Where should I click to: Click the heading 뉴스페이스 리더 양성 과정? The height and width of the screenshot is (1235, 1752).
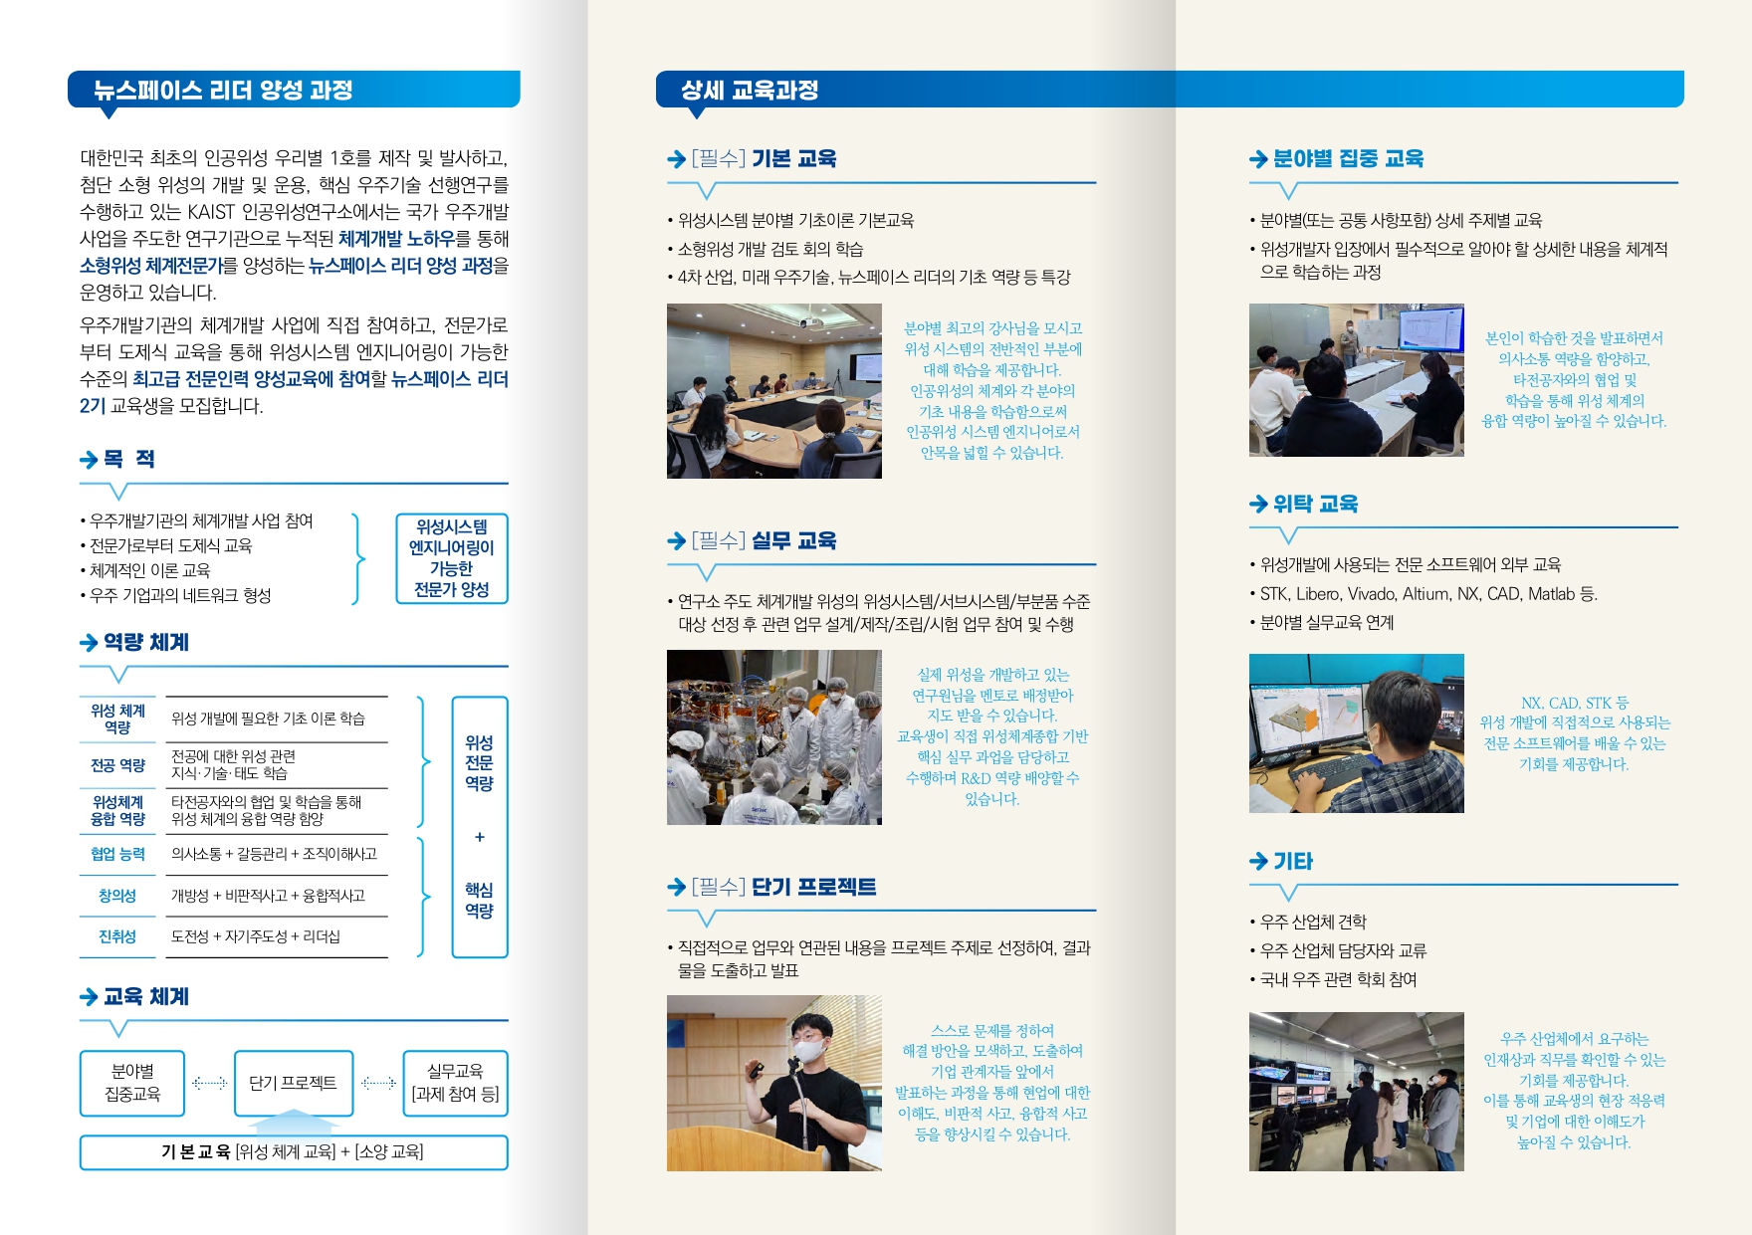tap(223, 91)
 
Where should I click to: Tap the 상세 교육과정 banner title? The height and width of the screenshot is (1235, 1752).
tap(750, 91)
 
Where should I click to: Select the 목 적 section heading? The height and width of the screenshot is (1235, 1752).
tap(129, 459)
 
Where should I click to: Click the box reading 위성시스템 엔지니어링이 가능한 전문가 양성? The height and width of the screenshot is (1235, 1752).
tap(451, 558)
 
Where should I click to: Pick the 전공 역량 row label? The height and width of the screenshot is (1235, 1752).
tap(117, 765)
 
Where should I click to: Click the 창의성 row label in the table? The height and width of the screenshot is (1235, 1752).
tap(117, 896)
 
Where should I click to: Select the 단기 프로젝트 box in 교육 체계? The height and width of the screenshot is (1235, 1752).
tap(293, 1083)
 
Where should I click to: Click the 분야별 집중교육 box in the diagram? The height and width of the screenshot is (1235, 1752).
tap(132, 1083)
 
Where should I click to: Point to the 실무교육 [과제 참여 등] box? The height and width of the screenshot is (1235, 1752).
tap(455, 1083)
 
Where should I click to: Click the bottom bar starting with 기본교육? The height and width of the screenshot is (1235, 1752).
tap(293, 1151)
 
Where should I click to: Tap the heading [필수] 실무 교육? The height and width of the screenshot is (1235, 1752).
tap(764, 540)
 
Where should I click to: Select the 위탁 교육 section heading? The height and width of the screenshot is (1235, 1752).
tap(1315, 504)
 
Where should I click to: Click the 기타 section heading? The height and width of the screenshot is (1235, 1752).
tap(1293, 861)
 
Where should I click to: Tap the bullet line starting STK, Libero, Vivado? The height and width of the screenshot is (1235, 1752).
tap(1427, 594)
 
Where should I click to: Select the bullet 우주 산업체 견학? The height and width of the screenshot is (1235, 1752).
tap(1313, 922)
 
